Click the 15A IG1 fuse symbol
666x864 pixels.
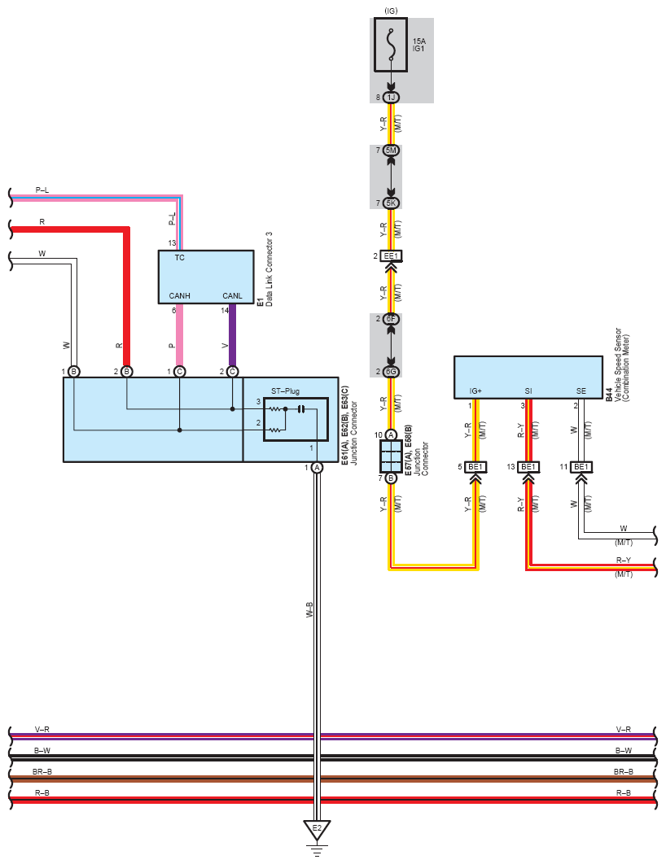point(391,45)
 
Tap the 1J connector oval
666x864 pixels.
point(391,98)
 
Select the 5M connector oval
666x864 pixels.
point(391,150)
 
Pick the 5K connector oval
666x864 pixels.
point(391,203)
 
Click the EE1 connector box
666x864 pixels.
point(391,255)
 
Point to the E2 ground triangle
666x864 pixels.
point(317,830)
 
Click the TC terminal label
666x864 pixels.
point(180,258)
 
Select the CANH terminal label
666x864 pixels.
point(180,296)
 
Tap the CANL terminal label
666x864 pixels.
point(232,296)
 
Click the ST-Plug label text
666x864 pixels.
point(285,391)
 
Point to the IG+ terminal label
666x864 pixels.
point(475,391)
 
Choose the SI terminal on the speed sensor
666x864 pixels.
point(528,391)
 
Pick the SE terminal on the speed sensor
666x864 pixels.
point(581,391)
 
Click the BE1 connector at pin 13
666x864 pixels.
point(528,467)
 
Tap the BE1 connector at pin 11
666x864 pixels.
point(581,467)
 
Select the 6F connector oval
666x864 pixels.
point(391,319)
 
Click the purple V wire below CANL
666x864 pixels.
point(232,335)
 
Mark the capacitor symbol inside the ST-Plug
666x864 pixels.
point(300,409)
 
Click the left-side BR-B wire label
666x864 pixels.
point(42,772)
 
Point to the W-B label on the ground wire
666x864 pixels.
point(309,609)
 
